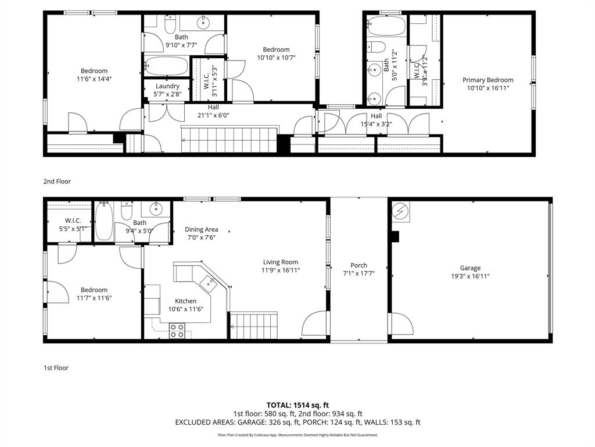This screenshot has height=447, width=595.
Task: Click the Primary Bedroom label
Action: (488, 80)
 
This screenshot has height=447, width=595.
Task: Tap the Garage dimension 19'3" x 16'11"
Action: (470, 276)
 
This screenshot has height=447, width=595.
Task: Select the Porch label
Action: (359, 265)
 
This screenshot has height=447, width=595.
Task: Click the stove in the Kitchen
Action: (177, 331)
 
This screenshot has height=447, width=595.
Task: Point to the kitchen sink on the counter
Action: (207, 282)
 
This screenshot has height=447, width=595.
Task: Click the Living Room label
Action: (280, 262)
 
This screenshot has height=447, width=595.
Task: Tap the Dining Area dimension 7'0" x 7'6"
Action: (201, 237)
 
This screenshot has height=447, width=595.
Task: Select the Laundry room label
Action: (167, 86)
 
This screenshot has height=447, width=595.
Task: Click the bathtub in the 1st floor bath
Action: (105, 222)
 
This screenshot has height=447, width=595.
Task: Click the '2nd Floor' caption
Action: (57, 182)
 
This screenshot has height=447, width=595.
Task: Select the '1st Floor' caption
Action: (56, 368)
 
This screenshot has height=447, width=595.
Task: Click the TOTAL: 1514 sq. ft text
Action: (297, 405)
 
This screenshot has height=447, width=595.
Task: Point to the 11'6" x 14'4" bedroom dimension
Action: (94, 79)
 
